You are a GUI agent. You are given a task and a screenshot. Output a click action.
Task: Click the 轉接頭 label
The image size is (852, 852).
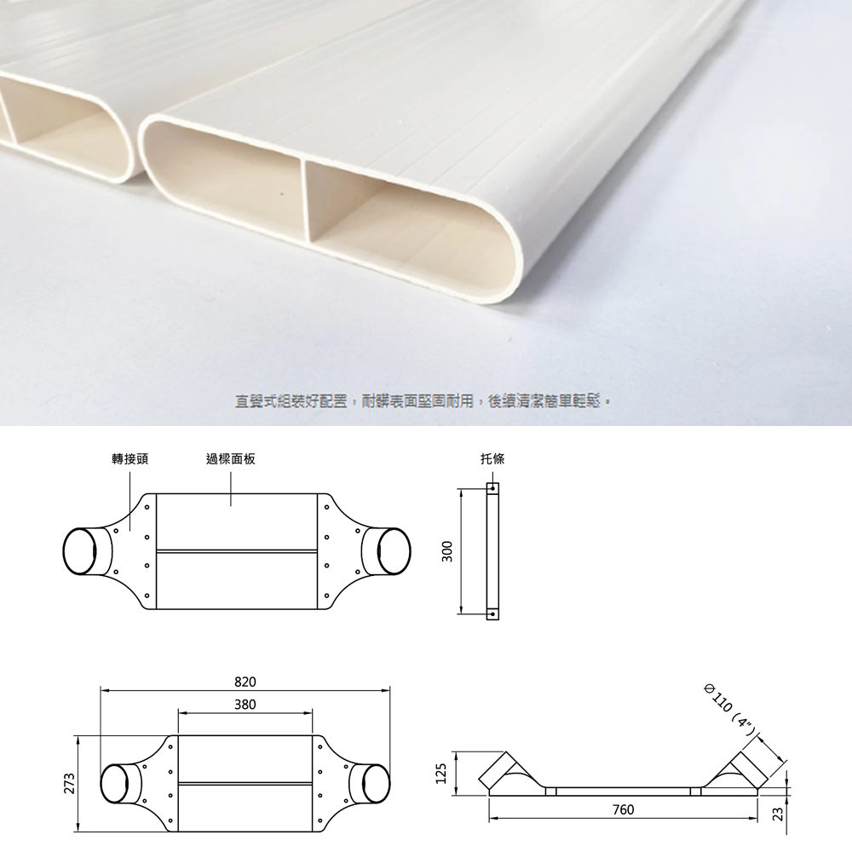tap(130, 459)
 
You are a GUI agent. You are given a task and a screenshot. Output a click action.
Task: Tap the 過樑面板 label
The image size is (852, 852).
tap(229, 459)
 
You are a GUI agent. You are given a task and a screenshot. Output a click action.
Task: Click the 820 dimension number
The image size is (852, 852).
tap(245, 682)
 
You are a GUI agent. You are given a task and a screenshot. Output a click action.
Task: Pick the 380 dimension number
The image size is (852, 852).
tap(245, 705)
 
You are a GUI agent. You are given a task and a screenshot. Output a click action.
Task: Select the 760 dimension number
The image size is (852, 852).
tap(623, 809)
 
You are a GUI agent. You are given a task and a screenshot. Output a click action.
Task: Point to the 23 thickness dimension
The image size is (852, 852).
tap(775, 815)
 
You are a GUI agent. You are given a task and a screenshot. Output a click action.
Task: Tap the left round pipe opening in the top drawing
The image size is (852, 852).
tap(83, 551)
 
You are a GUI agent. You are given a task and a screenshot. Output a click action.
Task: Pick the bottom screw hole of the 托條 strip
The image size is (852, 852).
tap(492, 613)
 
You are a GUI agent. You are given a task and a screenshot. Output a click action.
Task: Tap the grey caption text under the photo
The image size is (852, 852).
tap(424, 400)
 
